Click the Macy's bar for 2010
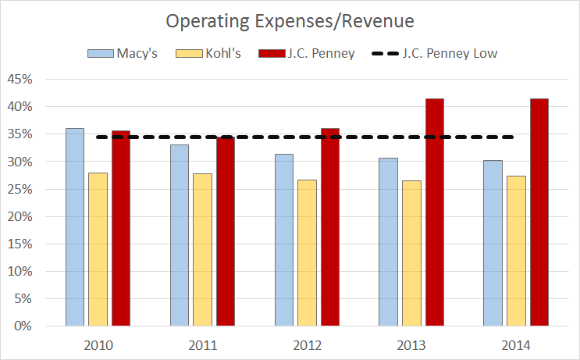pyautogui.click(x=75, y=226)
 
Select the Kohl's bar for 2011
pyautogui.click(x=203, y=249)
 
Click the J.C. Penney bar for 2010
pyautogui.click(x=121, y=227)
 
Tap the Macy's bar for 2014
pyautogui.click(x=493, y=242)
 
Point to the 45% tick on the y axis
pyautogui.click(x=21, y=79)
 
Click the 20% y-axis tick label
pyautogui.click(x=21, y=216)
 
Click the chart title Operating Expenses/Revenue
pyautogui.click(x=290, y=20)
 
